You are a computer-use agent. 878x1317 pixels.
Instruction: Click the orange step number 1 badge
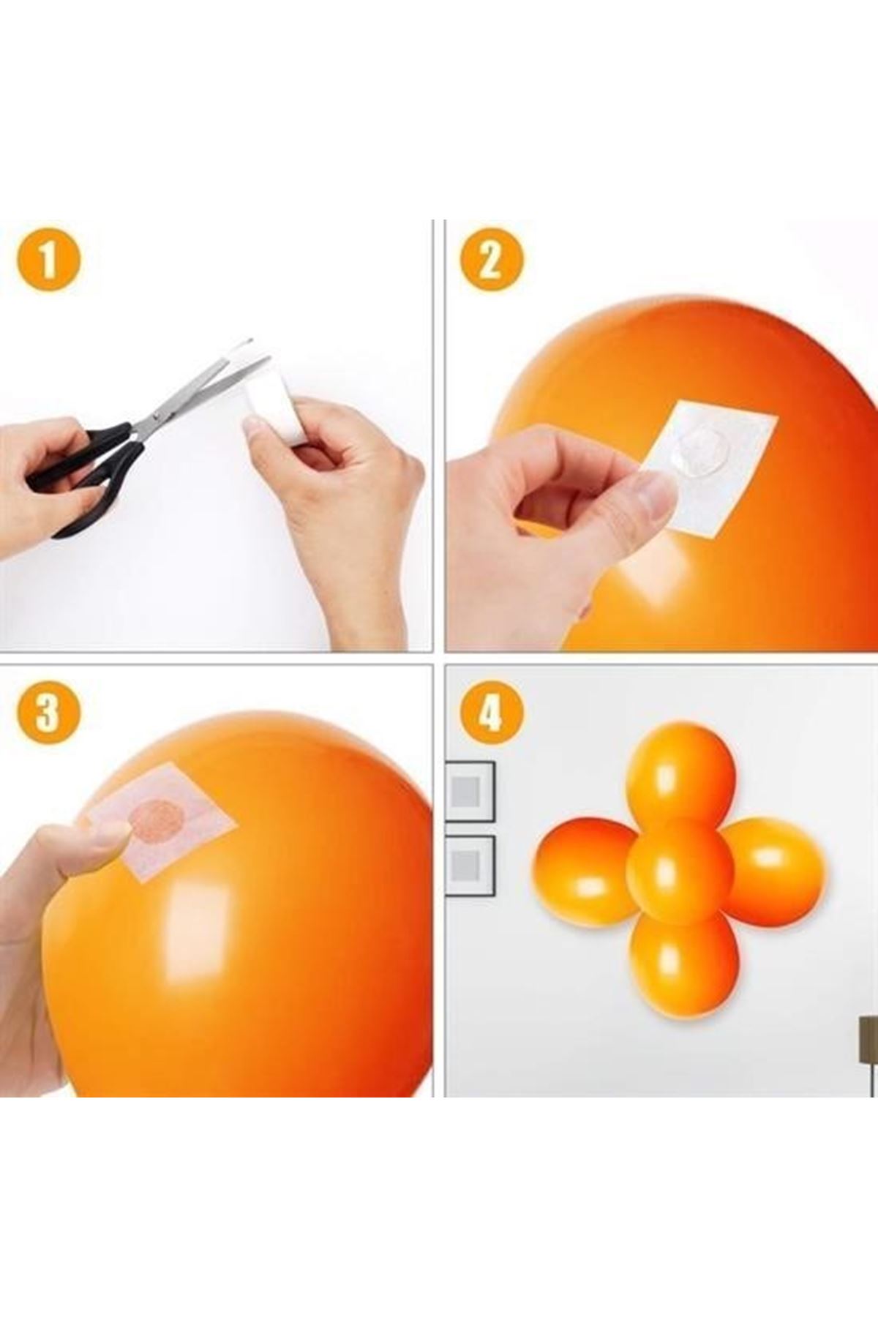[x=48, y=260]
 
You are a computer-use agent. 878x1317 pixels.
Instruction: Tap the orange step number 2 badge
[x=491, y=260]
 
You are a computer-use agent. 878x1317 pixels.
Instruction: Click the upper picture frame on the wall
[x=470, y=790]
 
